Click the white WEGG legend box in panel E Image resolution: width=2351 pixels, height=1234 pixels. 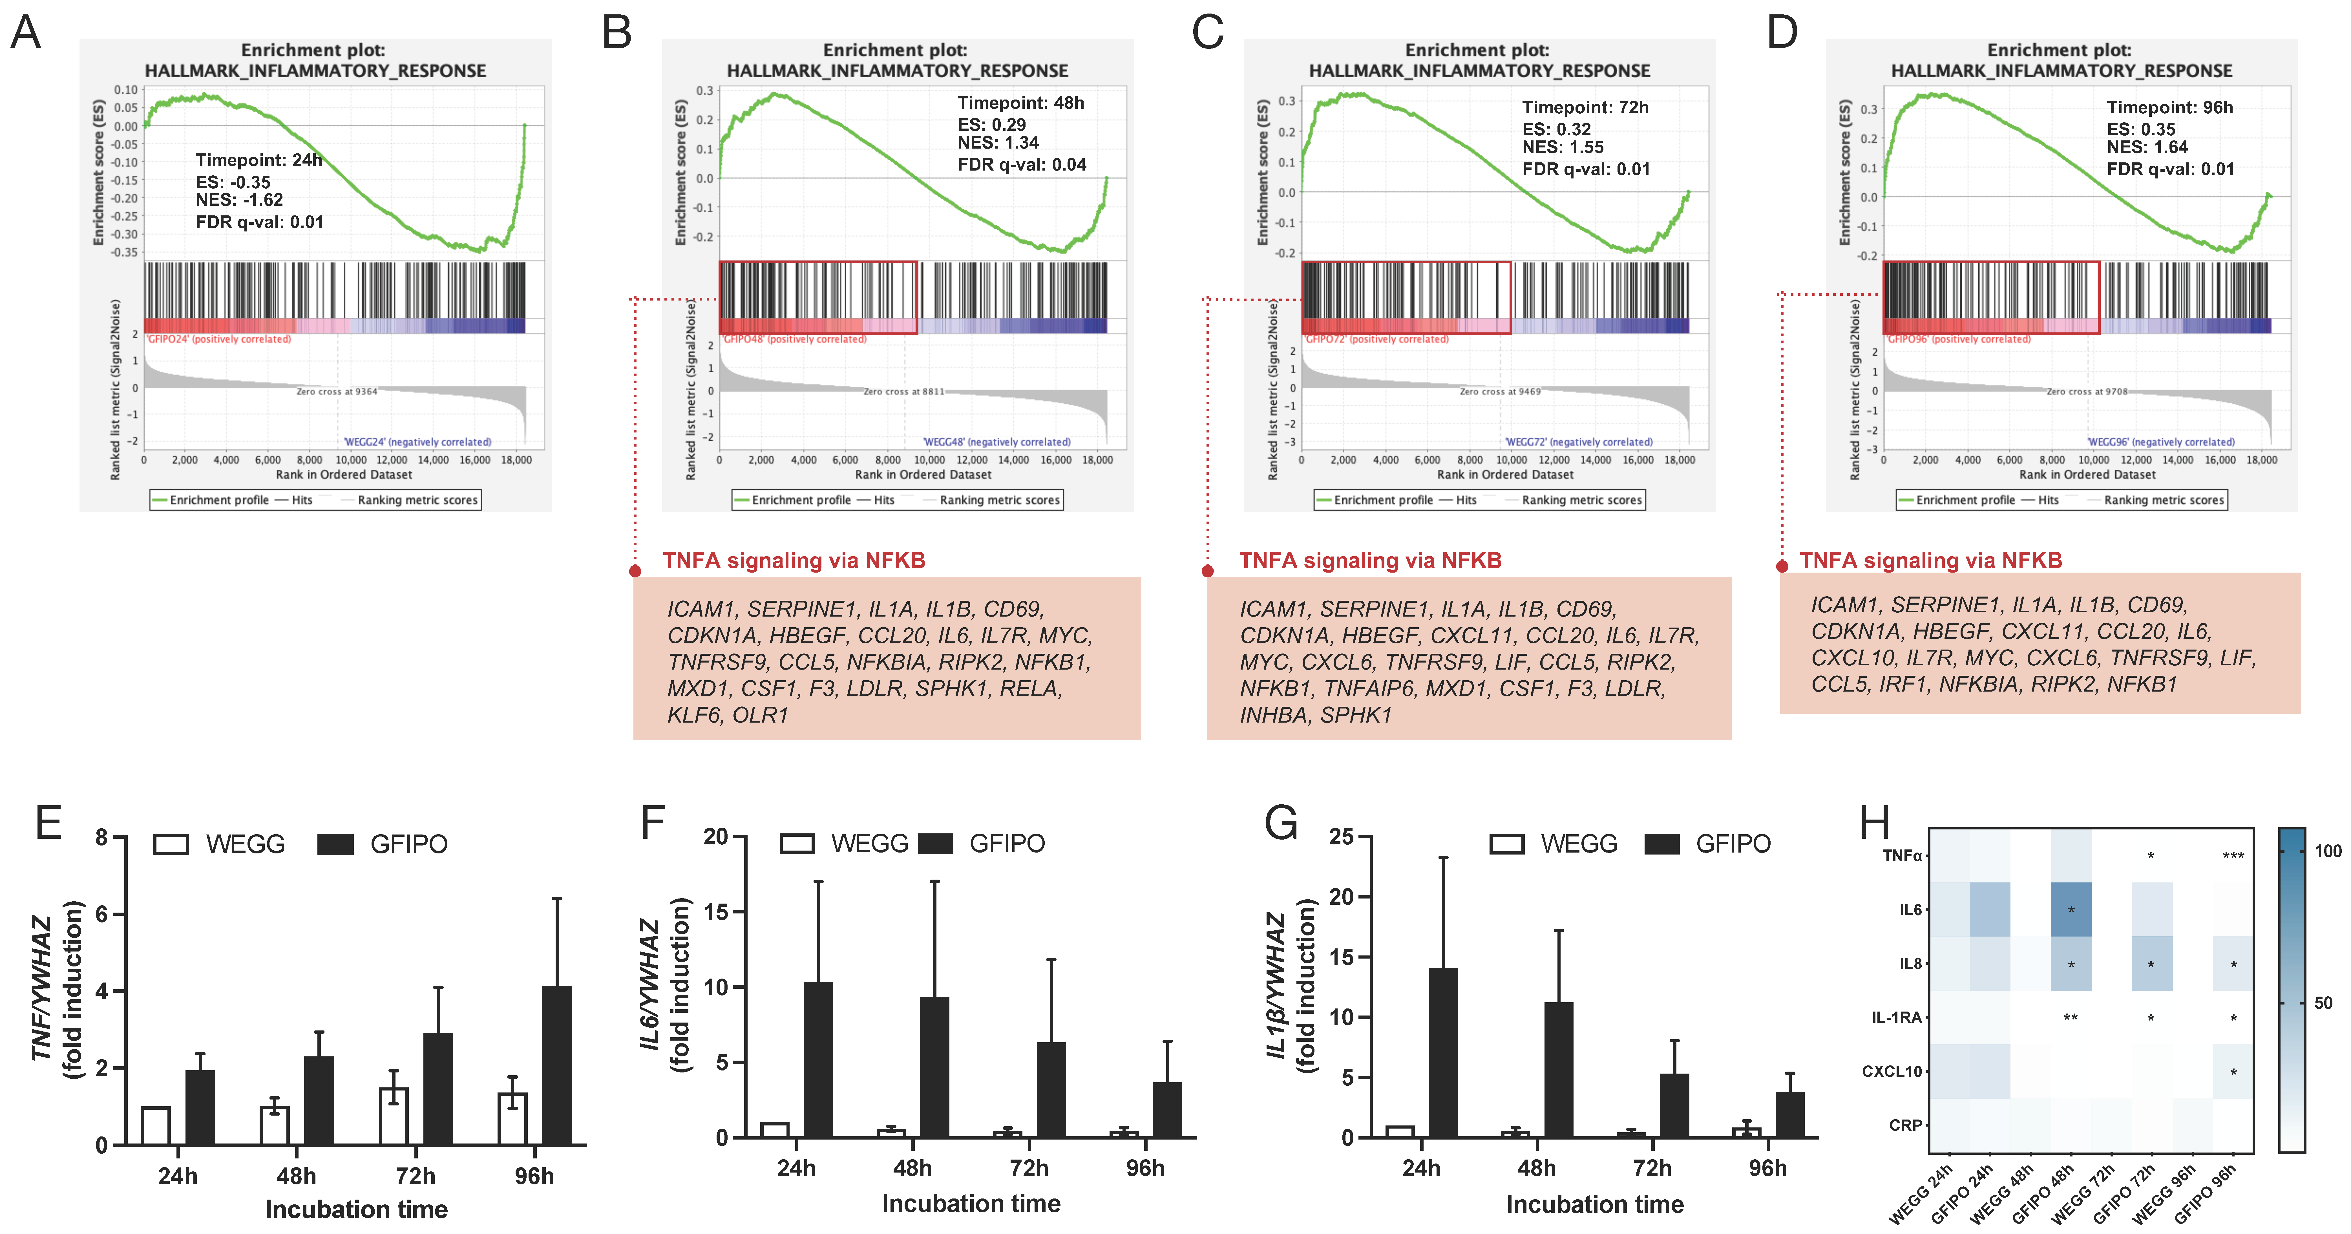(x=171, y=844)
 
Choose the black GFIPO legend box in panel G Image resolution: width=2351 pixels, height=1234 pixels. (x=1661, y=844)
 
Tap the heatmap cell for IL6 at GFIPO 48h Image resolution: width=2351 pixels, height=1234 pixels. (x=2071, y=909)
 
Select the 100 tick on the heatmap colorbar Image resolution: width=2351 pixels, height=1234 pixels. (x=2327, y=852)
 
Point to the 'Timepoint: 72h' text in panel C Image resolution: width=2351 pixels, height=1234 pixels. (x=1585, y=108)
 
